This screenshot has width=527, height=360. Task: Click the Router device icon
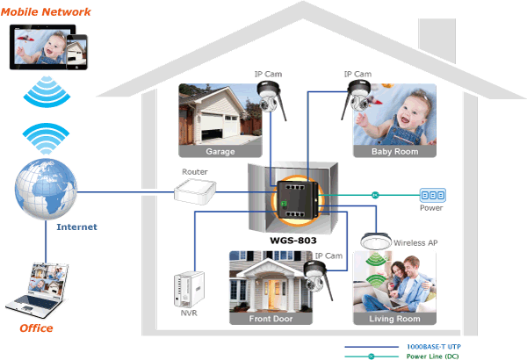click(195, 191)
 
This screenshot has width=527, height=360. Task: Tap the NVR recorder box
click(189, 290)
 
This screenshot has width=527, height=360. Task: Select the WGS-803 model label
click(293, 241)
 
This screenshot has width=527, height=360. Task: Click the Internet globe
click(46, 189)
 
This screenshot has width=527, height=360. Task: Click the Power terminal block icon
click(433, 195)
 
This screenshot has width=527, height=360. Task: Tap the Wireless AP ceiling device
click(376, 241)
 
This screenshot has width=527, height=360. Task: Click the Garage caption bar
click(220, 151)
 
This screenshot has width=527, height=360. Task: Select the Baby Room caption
click(394, 151)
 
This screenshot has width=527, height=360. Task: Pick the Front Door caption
click(271, 319)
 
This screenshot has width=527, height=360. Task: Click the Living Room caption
click(394, 319)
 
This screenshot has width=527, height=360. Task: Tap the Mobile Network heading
click(46, 12)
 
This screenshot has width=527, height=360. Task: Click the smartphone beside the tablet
click(76, 52)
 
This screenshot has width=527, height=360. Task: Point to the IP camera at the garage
click(271, 98)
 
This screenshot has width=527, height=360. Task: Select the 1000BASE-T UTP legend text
click(434, 347)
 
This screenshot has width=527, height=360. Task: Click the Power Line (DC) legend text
click(432, 356)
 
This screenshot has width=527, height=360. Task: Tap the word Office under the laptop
click(36, 328)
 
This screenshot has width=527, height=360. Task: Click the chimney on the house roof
click(437, 40)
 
